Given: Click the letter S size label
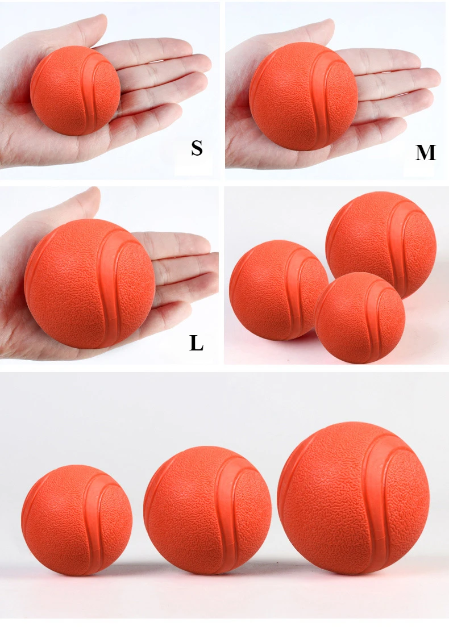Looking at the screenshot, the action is (x=197, y=148).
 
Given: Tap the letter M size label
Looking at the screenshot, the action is (x=426, y=153).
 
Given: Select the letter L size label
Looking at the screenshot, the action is (x=197, y=343).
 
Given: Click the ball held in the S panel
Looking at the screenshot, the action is (x=75, y=90).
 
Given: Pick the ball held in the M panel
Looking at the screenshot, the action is (x=304, y=96).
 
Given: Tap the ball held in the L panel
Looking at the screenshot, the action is (x=89, y=283).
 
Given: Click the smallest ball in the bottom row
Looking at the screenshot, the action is (x=77, y=520).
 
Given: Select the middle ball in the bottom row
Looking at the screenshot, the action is (x=207, y=510).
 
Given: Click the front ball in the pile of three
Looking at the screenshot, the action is (x=359, y=318).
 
